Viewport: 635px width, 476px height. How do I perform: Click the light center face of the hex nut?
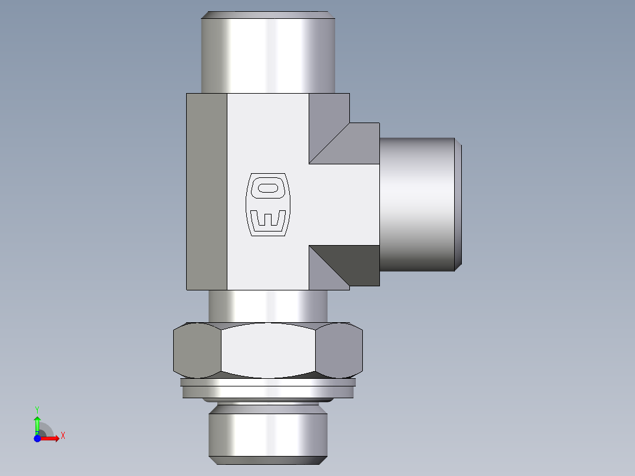coord(268,351)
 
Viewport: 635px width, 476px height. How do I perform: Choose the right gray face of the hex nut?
coord(339,351)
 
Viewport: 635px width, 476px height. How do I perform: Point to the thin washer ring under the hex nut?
coord(268,389)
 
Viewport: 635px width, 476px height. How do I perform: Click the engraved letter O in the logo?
coord(268,188)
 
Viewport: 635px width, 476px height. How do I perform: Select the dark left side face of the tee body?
coord(207,191)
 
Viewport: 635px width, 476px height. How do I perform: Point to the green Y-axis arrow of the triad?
coord(37,422)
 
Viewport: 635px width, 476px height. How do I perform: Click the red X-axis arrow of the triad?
coord(52,438)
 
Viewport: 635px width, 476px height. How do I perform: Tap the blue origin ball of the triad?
coord(37,438)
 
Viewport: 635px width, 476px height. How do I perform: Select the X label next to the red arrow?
coord(63,436)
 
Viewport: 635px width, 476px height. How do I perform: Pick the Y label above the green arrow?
coord(37,409)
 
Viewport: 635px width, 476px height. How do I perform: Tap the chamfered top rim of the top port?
coord(268,15)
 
